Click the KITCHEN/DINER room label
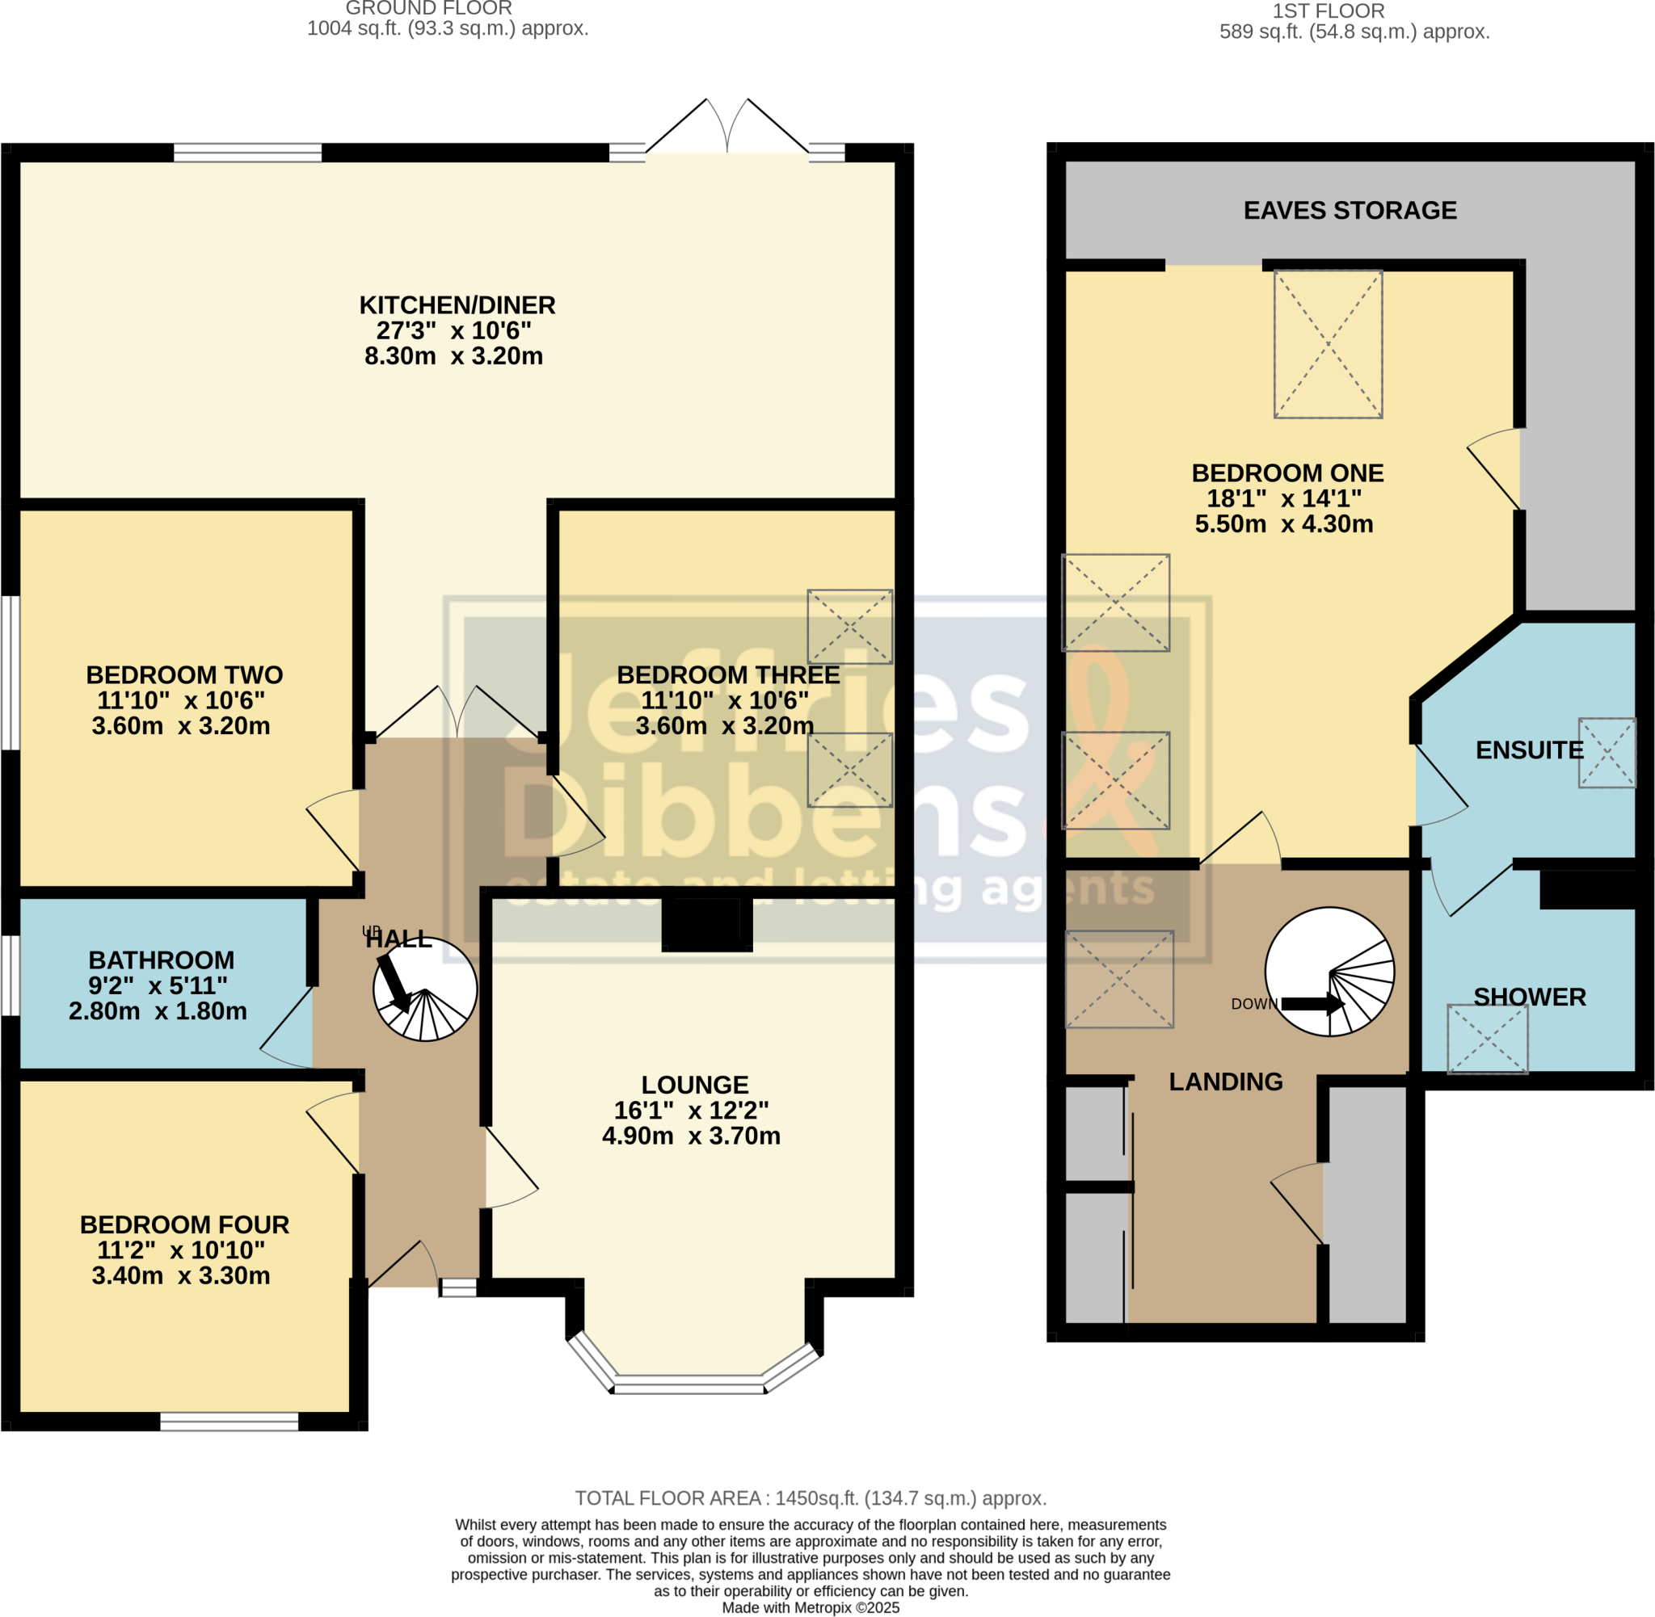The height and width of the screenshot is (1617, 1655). click(457, 304)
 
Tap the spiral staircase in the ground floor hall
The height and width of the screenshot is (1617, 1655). click(425, 989)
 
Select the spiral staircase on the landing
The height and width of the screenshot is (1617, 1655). click(1329, 972)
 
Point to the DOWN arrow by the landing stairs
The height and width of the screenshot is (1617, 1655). click(1312, 1004)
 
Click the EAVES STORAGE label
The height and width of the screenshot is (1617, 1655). click(1350, 211)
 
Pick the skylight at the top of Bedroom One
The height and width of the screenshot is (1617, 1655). click(1327, 344)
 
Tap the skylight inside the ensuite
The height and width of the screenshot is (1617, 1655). click(1606, 753)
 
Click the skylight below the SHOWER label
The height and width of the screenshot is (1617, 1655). click(1487, 1039)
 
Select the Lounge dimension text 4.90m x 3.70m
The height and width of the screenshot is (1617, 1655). click(691, 1136)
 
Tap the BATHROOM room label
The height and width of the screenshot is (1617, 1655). click(162, 960)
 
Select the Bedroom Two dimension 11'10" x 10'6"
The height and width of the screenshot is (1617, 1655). click(181, 700)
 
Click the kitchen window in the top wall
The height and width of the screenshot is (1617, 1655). click(247, 153)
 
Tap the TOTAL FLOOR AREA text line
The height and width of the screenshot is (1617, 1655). click(810, 1498)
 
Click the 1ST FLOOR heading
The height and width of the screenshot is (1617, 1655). click(1328, 11)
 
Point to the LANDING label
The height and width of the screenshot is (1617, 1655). click(1225, 1081)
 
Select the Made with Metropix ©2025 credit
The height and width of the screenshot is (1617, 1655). click(810, 1607)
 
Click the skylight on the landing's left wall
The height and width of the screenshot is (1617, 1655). click(1119, 979)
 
